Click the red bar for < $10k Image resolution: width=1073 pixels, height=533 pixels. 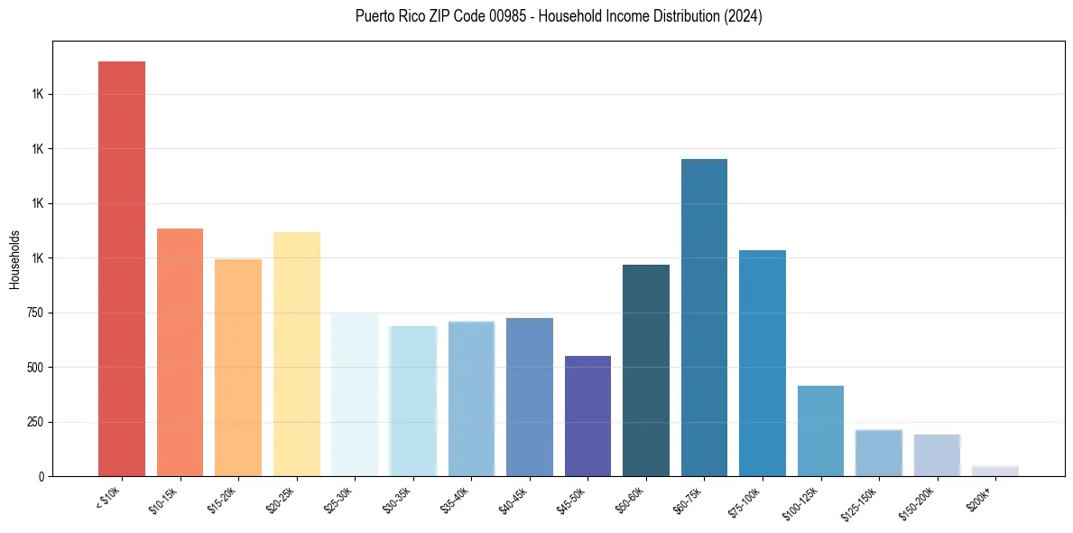[x=122, y=268]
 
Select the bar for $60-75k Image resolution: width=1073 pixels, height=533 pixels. [x=704, y=317]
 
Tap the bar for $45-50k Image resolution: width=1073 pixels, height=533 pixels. [x=587, y=416]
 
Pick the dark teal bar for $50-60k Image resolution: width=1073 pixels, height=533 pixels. [x=646, y=370]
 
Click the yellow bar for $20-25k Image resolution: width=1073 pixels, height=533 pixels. [x=297, y=354]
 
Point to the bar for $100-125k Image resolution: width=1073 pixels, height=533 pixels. [x=820, y=431]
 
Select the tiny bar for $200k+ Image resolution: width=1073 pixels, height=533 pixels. [x=995, y=471]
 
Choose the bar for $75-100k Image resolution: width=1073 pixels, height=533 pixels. [x=763, y=363]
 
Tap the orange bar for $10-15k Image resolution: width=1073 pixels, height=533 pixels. [x=180, y=352]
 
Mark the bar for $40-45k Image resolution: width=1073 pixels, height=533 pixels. [x=530, y=397]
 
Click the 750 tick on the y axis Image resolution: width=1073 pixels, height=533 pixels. [x=36, y=313]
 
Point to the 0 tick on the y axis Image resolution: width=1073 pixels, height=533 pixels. [x=42, y=476]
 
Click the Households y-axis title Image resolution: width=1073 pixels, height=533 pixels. [x=14, y=259]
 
